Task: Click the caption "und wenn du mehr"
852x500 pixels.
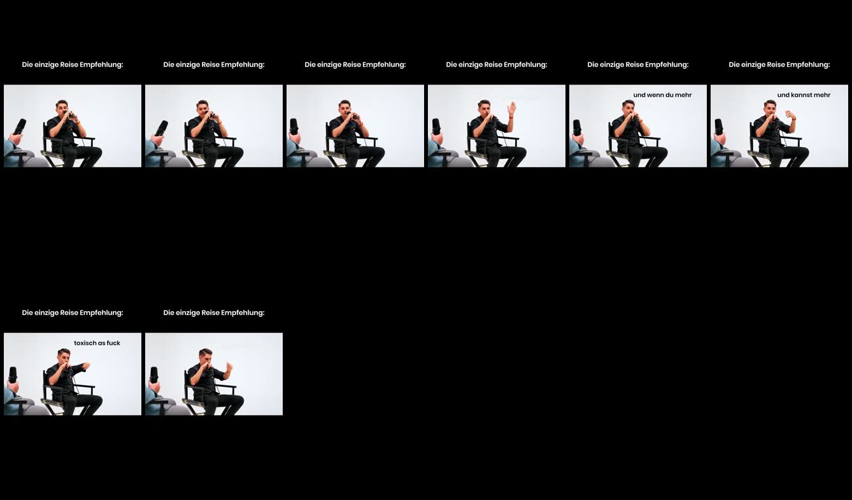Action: click(662, 95)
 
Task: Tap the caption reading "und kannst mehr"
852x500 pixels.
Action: click(804, 95)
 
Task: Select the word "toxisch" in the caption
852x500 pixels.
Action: click(87, 343)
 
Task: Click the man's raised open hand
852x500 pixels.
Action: click(511, 109)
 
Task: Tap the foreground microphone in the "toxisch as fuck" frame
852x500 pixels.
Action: click(13, 374)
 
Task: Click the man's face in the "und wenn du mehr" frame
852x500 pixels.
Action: click(628, 108)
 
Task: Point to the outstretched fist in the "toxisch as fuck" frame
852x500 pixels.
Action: click(87, 366)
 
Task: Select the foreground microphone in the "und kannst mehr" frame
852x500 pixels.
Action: click(719, 127)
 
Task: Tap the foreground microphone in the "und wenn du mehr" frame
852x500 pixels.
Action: click(578, 127)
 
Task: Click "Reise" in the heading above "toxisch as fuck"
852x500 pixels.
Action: click(69, 313)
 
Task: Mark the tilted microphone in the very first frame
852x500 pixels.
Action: click(20, 127)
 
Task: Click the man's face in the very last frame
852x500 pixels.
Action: click(206, 357)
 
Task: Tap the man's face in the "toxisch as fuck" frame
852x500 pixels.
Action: click(64, 357)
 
